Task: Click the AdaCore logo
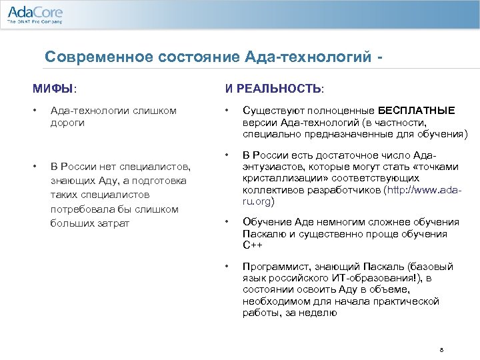coord(35,14)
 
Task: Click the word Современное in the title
coord(98,57)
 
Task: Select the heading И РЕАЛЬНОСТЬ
coord(274,87)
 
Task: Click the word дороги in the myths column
coord(67,123)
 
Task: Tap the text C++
coord(252,245)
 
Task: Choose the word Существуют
coord(270,110)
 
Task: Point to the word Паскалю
coord(265,233)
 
